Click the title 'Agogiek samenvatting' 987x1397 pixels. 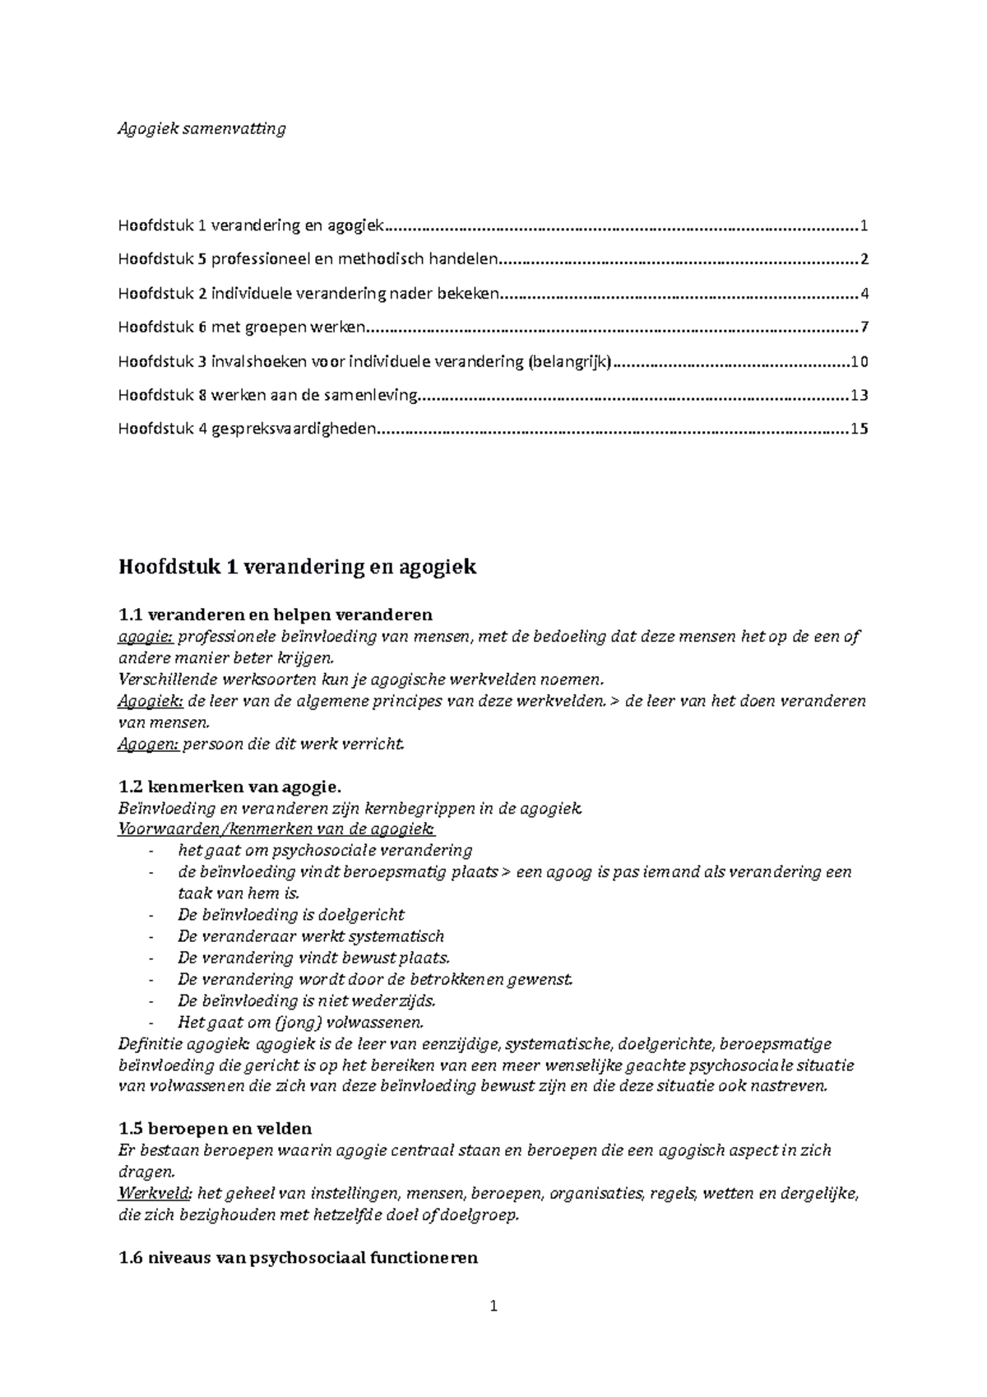click(x=202, y=128)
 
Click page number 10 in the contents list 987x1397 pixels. click(x=860, y=362)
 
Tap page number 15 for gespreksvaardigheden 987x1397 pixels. click(x=860, y=429)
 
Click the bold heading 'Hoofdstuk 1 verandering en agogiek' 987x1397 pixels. click(x=297, y=567)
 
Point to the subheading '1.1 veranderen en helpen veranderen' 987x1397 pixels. click(x=276, y=615)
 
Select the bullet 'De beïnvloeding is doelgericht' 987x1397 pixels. click(x=290, y=915)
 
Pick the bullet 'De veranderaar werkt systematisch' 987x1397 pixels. click(x=310, y=936)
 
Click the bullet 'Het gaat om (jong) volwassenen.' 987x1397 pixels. click(x=301, y=1023)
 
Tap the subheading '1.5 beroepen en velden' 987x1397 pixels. click(x=215, y=1128)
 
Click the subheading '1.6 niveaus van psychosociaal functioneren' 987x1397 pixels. click(x=299, y=1258)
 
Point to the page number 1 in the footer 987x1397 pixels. click(x=493, y=1306)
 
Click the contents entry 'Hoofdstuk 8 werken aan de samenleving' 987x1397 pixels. click(x=268, y=395)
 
